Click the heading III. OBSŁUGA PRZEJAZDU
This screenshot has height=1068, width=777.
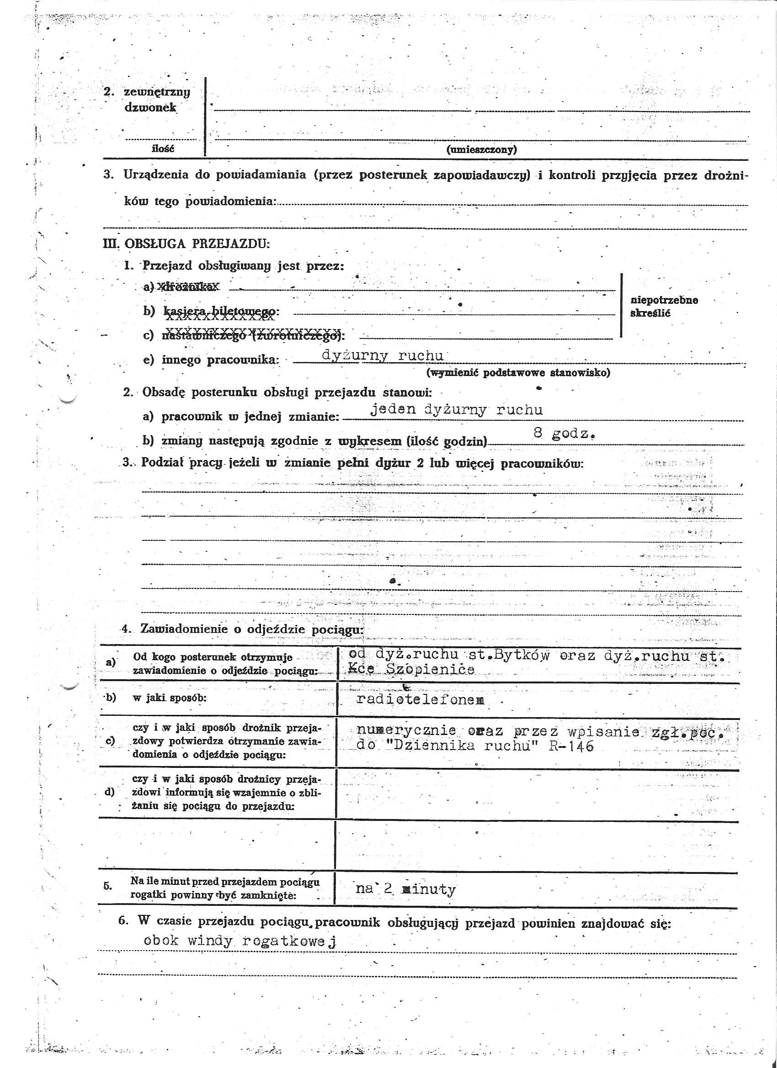(x=186, y=244)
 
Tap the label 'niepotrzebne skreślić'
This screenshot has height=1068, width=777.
(x=664, y=307)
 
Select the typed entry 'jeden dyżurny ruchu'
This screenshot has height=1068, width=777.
(x=456, y=410)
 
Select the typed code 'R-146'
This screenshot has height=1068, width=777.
(x=571, y=746)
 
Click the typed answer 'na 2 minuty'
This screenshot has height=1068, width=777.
(x=406, y=889)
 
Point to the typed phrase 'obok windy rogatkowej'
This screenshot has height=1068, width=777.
(x=241, y=941)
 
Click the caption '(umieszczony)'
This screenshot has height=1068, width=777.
(x=481, y=150)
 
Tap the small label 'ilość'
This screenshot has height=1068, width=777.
(x=163, y=149)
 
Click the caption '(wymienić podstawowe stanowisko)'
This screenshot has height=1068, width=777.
(x=518, y=373)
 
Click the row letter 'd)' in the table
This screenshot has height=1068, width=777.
(x=109, y=792)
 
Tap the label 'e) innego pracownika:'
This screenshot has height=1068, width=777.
(x=211, y=360)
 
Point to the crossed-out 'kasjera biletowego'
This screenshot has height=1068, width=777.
(x=219, y=312)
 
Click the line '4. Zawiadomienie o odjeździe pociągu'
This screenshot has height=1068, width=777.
(x=243, y=629)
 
